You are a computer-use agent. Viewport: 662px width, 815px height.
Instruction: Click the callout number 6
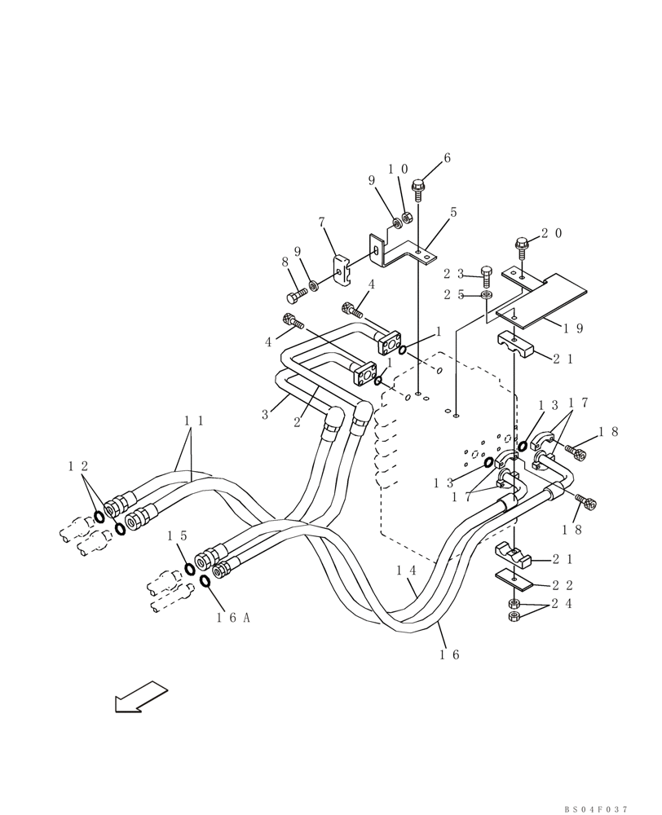tap(447, 158)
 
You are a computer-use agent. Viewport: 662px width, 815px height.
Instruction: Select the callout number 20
tap(551, 233)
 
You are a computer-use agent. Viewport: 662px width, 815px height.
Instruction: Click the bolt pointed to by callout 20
tap(520, 242)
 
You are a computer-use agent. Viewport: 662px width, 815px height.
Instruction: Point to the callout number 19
tap(574, 328)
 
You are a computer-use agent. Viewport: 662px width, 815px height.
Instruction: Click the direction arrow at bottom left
tap(141, 697)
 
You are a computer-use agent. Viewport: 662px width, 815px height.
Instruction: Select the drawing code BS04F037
tap(596, 809)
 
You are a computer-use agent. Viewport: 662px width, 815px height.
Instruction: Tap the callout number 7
tap(322, 222)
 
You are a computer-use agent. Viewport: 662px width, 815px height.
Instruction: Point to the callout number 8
tap(285, 262)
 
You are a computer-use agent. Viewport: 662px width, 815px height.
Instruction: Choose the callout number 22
tap(563, 585)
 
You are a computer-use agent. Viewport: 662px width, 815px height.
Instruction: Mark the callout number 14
tap(408, 571)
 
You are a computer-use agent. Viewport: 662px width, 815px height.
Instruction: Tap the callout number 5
tap(453, 213)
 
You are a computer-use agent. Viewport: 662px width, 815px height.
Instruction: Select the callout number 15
tap(178, 536)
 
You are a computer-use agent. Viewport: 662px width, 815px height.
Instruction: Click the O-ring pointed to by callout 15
tap(189, 568)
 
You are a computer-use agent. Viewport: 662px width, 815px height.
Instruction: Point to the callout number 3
tap(265, 415)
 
